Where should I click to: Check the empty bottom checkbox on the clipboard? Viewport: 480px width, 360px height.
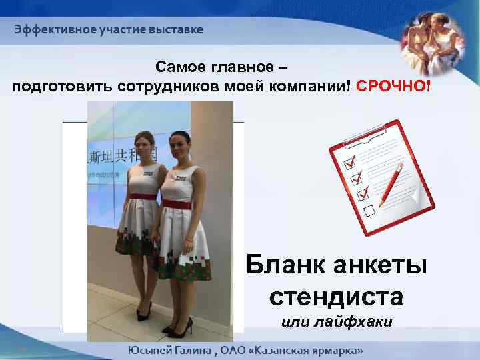[369, 211]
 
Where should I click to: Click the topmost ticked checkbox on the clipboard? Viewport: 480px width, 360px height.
[348, 163]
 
